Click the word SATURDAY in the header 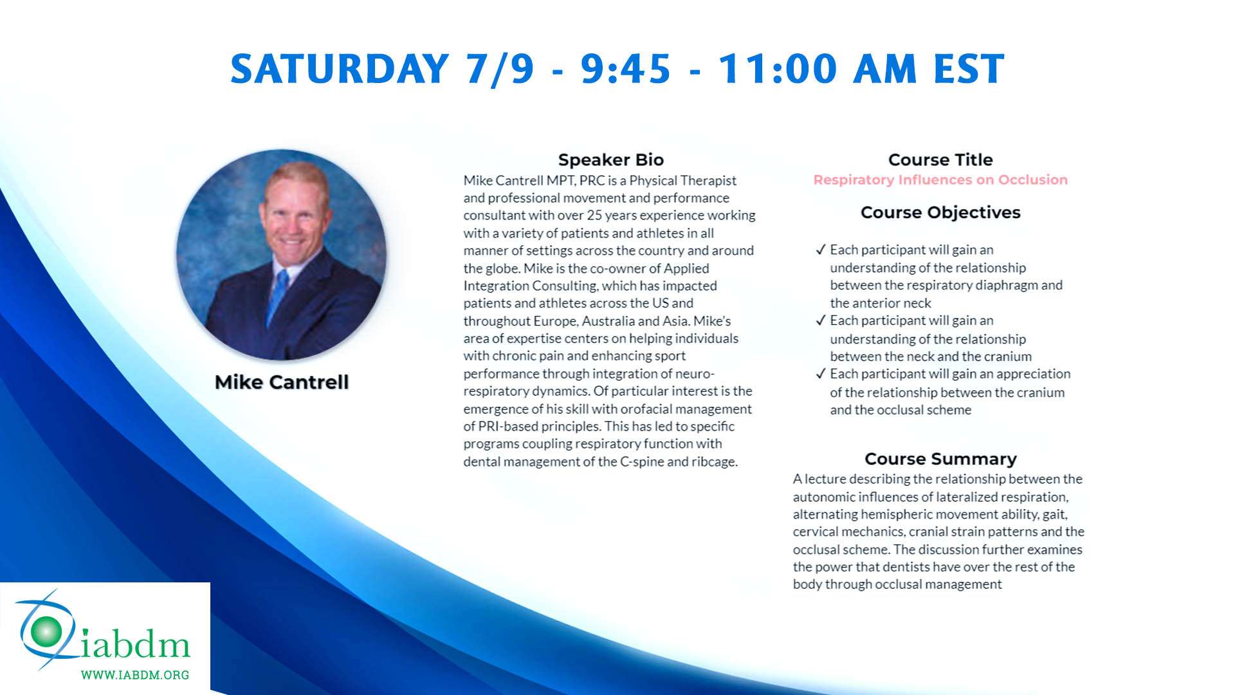pyautogui.click(x=340, y=69)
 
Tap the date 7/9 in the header pyautogui.click(x=500, y=69)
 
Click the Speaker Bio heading pyautogui.click(x=610, y=160)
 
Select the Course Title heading pyautogui.click(x=940, y=160)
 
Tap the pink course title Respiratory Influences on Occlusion pyautogui.click(x=940, y=180)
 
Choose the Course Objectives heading pyautogui.click(x=940, y=212)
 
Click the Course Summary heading pyautogui.click(x=940, y=459)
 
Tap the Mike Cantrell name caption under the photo pyautogui.click(x=282, y=382)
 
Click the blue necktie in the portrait pyautogui.click(x=279, y=293)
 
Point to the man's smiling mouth pyautogui.click(x=293, y=243)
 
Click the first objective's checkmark pyautogui.click(x=820, y=250)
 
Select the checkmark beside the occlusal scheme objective pyautogui.click(x=820, y=374)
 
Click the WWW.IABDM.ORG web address pyautogui.click(x=135, y=675)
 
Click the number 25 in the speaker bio pyautogui.click(x=594, y=216)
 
